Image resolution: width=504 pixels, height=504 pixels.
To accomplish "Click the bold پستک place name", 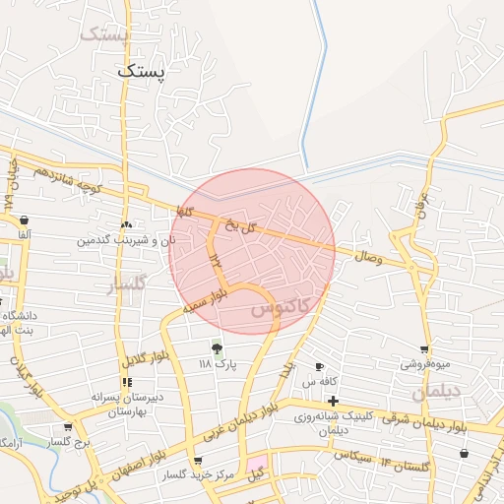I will [142, 71].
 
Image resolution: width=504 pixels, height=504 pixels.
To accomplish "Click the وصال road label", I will [367, 257].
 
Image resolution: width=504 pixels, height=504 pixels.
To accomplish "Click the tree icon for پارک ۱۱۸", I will [217, 347].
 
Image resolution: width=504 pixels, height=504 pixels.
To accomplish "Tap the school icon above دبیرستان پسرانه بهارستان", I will [126, 381].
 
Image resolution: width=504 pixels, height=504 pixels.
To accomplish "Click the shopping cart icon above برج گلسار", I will [67, 427].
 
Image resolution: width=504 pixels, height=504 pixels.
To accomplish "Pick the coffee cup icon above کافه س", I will [319, 366].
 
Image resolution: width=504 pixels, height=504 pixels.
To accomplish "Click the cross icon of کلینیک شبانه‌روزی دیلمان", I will [334, 401].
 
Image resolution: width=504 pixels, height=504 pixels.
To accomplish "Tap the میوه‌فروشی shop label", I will [423, 364].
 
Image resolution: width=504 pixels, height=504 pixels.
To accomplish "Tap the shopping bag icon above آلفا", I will [24, 220].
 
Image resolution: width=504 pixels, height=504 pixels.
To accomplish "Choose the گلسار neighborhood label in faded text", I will [125, 285].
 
